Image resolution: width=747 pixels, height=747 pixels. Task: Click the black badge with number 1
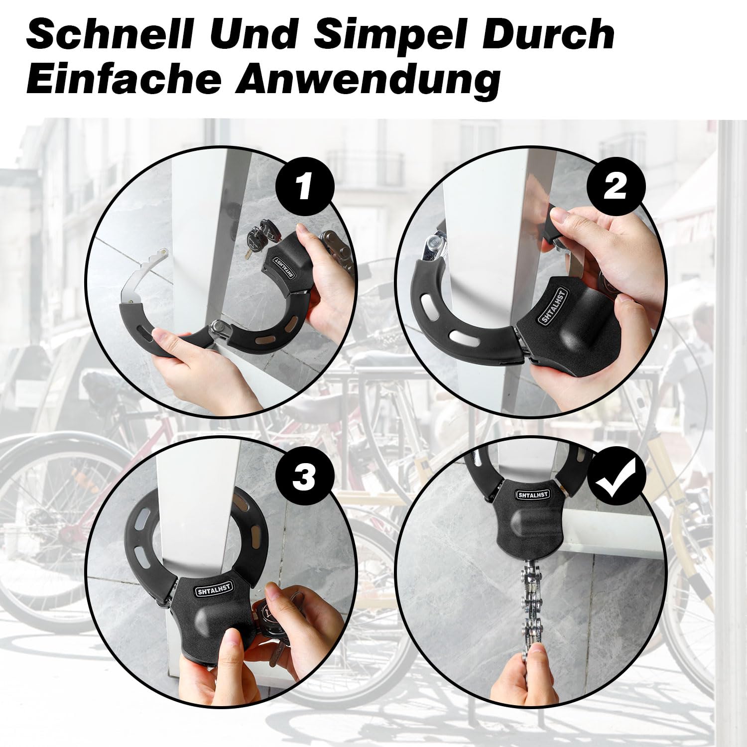(x=304, y=187)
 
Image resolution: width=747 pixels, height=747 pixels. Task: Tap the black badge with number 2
(x=616, y=187)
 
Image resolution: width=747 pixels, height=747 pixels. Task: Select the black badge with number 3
(x=304, y=477)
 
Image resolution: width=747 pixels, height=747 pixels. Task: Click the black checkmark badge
(x=616, y=477)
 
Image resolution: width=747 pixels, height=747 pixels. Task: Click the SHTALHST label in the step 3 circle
(x=214, y=590)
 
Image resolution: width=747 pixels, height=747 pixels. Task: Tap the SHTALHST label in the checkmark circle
(x=533, y=495)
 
